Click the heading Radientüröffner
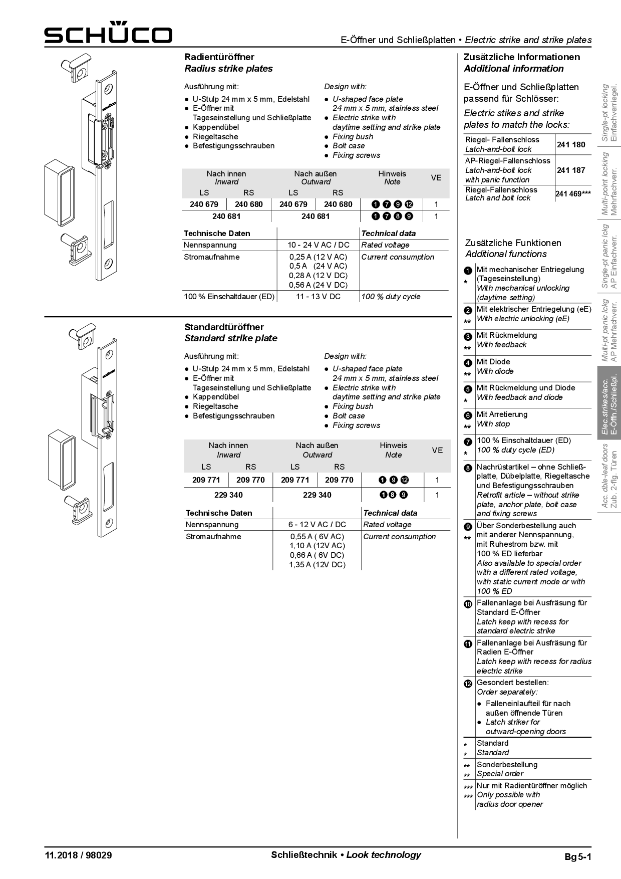[219, 57]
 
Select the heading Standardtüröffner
[224, 327]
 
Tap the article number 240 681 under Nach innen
[226, 216]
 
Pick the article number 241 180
[571, 144]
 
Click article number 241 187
[571, 170]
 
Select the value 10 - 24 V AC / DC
[318, 245]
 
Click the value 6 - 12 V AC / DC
[317, 525]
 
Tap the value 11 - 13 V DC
[318, 297]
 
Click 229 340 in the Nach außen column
[317, 495]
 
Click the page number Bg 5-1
[577, 856]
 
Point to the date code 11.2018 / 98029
[78, 855]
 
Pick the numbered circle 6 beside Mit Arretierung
[468, 415]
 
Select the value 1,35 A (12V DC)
[317, 565]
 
